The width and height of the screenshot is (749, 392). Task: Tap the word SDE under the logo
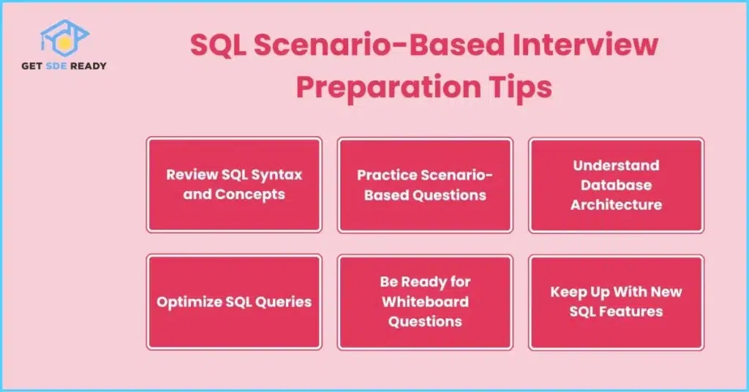point(56,66)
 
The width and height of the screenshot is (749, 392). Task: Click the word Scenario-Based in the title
point(379,45)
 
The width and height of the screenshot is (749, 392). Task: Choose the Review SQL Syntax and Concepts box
point(234,185)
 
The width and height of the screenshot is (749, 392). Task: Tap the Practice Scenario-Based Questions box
point(425,185)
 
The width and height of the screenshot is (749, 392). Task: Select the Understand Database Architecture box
point(616,185)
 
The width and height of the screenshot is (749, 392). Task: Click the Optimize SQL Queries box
point(234,302)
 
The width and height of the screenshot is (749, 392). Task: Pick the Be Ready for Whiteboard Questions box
point(425,302)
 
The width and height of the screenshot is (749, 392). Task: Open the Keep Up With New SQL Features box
point(616,302)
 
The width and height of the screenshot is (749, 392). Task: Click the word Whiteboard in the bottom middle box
point(425,302)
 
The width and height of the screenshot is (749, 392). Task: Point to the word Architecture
point(616,205)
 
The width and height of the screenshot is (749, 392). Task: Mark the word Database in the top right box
point(616,185)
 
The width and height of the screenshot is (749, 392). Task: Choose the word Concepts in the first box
point(250,195)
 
